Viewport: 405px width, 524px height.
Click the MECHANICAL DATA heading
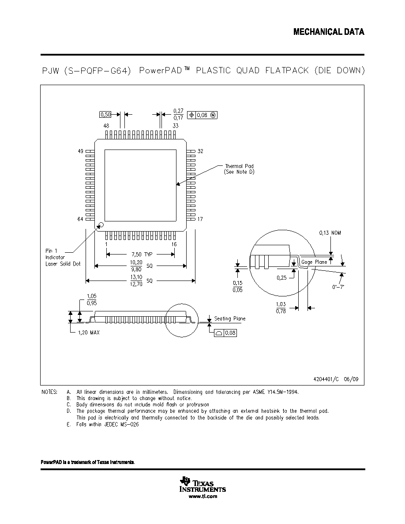[x=329, y=32]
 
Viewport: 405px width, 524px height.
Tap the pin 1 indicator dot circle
[x=101, y=225]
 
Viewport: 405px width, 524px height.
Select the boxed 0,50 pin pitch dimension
[x=105, y=115]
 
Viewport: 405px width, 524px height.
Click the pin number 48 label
[x=106, y=126]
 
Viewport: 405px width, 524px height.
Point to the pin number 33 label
[x=176, y=126]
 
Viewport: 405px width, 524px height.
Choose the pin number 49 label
[x=81, y=151]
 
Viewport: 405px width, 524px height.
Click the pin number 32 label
[x=200, y=151]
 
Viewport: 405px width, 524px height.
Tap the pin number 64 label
[x=80, y=219]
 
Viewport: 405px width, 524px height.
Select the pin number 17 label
[x=200, y=219]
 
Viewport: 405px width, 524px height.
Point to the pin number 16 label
[x=174, y=244]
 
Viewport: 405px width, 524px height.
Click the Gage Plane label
[x=314, y=262]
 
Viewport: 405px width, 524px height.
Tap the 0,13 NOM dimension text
[x=330, y=233]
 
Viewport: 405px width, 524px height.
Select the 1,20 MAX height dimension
[x=89, y=333]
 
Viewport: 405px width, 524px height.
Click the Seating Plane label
[x=230, y=318]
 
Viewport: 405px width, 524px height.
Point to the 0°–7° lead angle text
[x=338, y=287]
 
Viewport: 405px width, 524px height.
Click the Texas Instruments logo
[x=202, y=485]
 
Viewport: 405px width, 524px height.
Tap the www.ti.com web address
[x=203, y=496]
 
